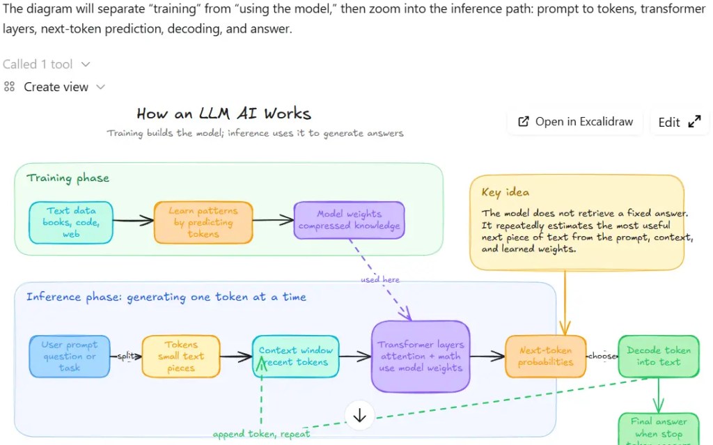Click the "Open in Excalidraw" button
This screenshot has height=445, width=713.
(x=576, y=122)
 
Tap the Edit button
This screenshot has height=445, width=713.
(x=679, y=122)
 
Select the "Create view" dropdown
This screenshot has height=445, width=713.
(x=55, y=87)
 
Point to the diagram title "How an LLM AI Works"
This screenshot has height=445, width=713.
(x=224, y=114)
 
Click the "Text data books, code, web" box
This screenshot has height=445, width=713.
(x=71, y=222)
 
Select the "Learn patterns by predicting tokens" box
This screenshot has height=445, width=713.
(x=203, y=222)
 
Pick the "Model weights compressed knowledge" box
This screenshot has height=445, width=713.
(x=349, y=220)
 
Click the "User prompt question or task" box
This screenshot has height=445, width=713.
(x=70, y=356)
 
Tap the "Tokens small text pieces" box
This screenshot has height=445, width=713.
(x=181, y=356)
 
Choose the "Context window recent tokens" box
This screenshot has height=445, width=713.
(x=296, y=356)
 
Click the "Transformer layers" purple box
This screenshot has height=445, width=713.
(x=421, y=356)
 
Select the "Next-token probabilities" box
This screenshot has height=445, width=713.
(x=546, y=356)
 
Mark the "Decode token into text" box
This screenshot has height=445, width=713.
(x=658, y=356)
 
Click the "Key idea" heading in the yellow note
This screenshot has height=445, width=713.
(x=505, y=192)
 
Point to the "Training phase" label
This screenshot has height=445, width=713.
(x=68, y=178)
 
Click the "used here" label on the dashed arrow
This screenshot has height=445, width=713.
(x=380, y=279)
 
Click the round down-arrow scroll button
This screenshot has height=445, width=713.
(x=360, y=416)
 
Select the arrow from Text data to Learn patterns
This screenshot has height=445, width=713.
(x=133, y=221)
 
